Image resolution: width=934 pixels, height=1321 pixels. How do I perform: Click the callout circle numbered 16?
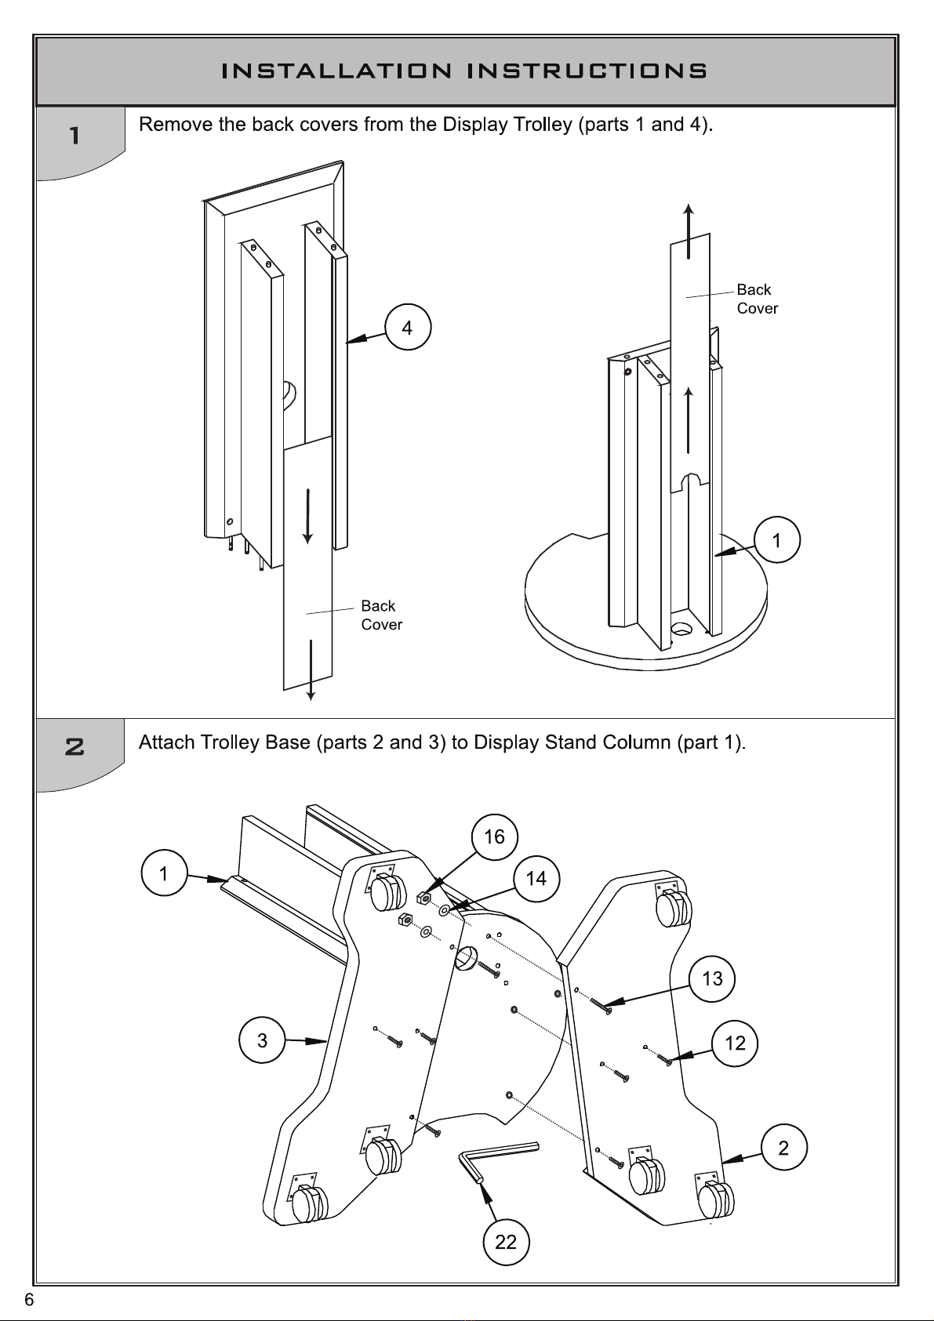pos(495,837)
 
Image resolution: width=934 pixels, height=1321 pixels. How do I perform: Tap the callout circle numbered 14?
pos(536,879)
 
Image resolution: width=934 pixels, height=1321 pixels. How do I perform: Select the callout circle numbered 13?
pos(712,978)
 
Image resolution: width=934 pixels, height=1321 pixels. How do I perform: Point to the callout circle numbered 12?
pos(735,1043)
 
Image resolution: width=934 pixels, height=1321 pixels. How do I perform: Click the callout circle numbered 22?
pos(506,1242)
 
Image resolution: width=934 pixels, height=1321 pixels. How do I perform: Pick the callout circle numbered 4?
pos(408,328)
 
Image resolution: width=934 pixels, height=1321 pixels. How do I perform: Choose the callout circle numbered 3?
pos(262,1040)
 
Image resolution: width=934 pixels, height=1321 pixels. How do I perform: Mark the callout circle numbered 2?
pos(783,1148)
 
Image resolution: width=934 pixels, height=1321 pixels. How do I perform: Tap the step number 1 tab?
pos(75,136)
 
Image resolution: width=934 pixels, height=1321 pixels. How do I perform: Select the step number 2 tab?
pos(75,747)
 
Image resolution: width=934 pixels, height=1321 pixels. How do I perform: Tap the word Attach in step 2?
pos(166,742)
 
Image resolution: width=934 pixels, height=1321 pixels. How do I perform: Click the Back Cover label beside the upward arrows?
pos(756,299)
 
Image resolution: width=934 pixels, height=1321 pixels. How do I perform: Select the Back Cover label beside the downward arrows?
pos(380,615)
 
